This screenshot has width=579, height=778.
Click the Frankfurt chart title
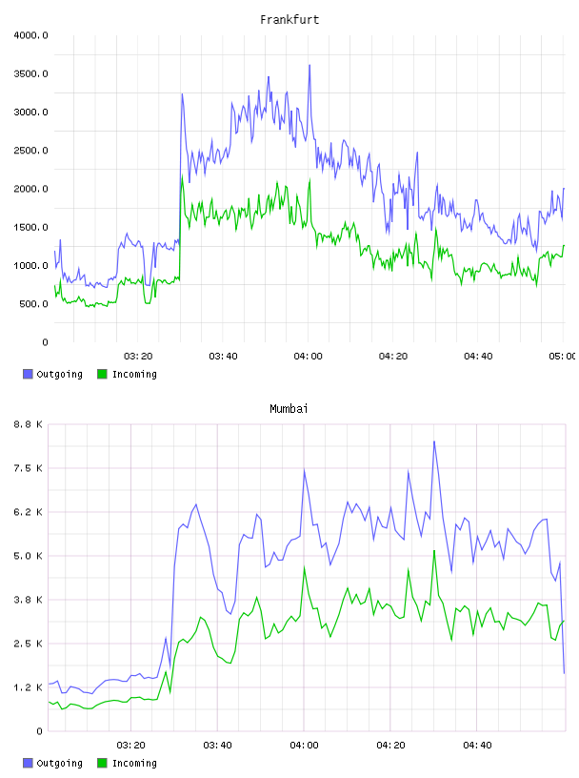289,19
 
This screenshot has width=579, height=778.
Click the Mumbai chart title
289,408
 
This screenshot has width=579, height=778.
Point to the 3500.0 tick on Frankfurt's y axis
30,73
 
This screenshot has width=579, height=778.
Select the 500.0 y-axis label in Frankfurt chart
33,303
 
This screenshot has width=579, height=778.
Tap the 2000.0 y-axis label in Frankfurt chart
30,189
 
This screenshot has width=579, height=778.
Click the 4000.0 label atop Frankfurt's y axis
30,35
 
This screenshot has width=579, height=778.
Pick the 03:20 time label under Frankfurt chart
138,356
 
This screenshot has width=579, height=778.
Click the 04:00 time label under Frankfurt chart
308,356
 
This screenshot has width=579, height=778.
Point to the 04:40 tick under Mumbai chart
477,745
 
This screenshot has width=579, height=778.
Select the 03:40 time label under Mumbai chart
218,745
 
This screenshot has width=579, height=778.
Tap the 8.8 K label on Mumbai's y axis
29,424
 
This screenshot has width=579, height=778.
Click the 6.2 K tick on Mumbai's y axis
29,512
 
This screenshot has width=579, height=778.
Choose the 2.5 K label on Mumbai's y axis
29,644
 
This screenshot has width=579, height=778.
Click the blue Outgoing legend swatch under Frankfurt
28,374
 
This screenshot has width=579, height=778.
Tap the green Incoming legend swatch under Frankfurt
102,374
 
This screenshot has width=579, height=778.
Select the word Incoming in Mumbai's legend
134,763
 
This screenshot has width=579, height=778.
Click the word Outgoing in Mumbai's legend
59,763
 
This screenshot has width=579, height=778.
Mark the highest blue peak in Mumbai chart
434,441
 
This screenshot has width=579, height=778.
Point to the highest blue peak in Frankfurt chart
309,65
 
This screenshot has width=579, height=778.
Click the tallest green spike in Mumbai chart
434,550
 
